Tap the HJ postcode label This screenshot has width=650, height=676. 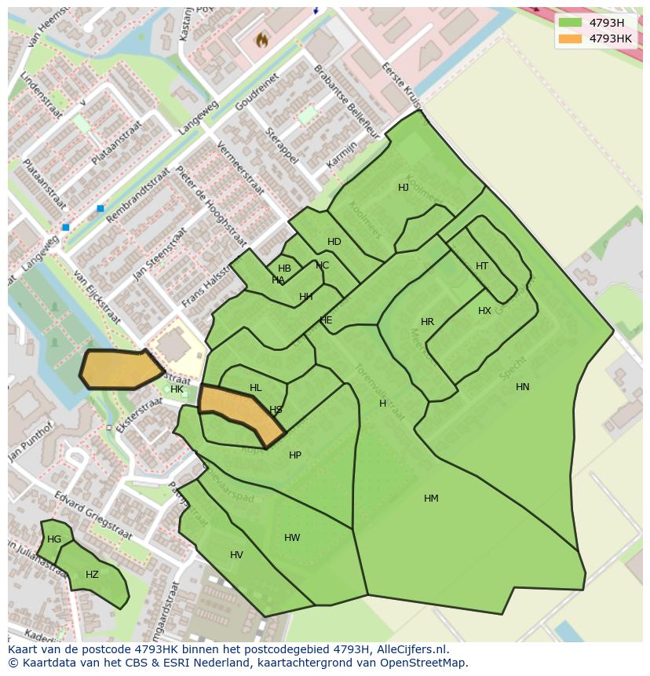pyautogui.click(x=404, y=188)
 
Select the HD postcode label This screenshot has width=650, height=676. pyautogui.click(x=334, y=242)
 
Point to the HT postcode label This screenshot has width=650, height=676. pyautogui.click(x=482, y=266)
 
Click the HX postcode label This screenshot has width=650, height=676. pyautogui.click(x=484, y=311)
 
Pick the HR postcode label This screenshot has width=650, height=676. pyautogui.click(x=427, y=322)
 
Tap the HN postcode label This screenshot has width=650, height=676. pyautogui.click(x=523, y=387)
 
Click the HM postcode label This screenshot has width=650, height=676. pyautogui.click(x=431, y=499)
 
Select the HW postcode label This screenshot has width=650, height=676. pyautogui.click(x=292, y=538)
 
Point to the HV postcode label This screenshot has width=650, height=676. pyautogui.click(x=236, y=555)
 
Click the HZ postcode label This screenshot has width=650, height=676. pyautogui.click(x=92, y=575)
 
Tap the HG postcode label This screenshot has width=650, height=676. pyautogui.click(x=54, y=539)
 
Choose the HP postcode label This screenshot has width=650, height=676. pyautogui.click(x=295, y=455)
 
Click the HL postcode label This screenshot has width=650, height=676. pyautogui.click(x=255, y=388)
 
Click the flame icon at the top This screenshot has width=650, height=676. pyautogui.click(x=262, y=38)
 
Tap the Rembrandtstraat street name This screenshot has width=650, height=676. pyautogui.click(x=137, y=195)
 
